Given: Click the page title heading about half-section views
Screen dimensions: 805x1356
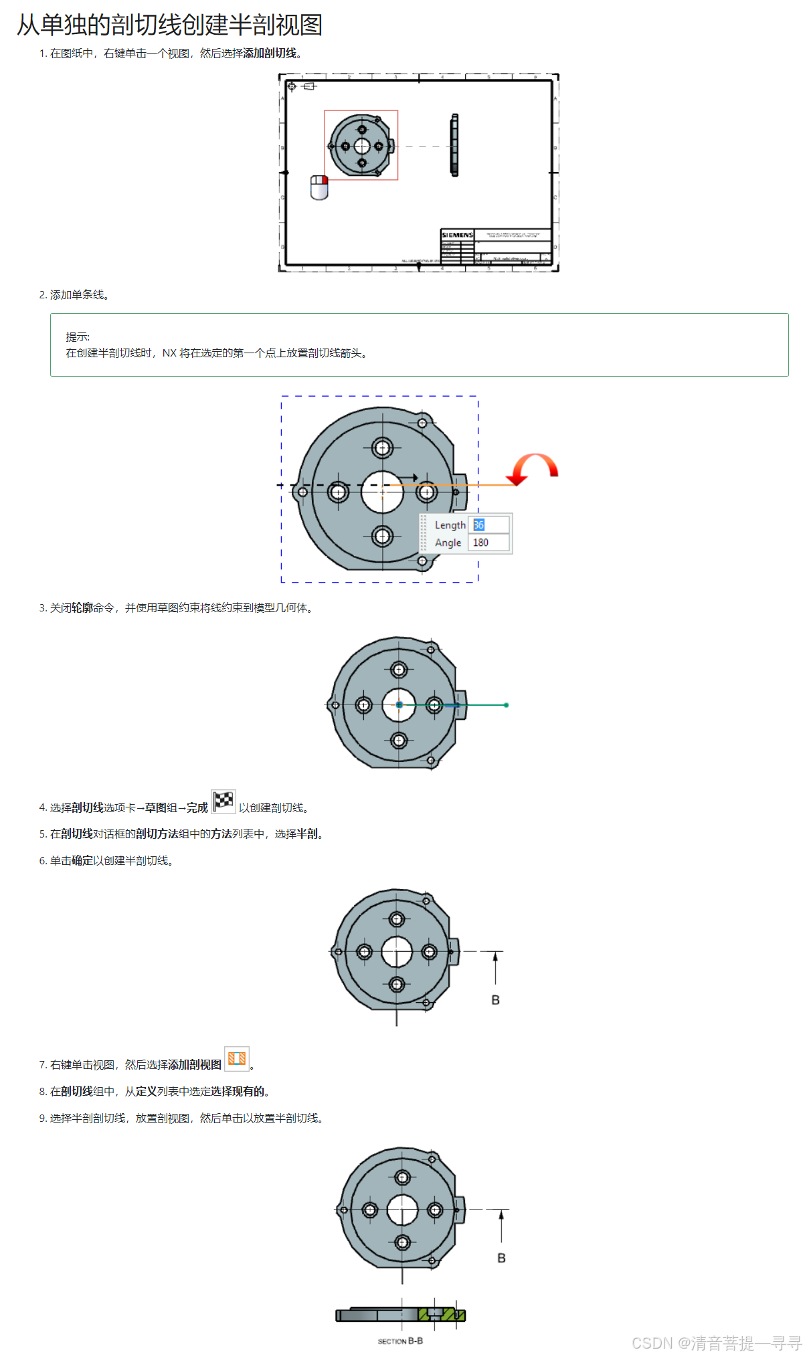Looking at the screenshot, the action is [169, 25].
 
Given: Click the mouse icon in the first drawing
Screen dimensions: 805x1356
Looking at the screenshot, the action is [319, 188].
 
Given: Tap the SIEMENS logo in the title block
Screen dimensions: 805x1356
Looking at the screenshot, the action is [457, 235].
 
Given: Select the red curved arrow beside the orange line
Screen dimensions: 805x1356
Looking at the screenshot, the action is [533, 468].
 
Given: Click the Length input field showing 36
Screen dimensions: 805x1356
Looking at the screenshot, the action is [488, 525].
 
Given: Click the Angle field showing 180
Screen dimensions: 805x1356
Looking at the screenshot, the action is [488, 543].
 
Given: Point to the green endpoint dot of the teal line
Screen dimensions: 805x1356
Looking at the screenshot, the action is [506, 705].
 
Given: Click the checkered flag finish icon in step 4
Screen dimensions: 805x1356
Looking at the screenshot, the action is [223, 801].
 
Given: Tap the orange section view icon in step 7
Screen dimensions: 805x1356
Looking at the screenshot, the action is [237, 1058].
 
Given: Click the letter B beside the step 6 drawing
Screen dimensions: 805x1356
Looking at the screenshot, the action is [495, 1000].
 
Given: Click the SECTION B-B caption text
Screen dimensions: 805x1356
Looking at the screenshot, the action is [400, 1341].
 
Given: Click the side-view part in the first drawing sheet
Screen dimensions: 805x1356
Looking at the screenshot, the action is [454, 145].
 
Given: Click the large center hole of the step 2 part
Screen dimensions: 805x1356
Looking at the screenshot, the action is [382, 492].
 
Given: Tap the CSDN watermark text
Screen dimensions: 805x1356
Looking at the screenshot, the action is [716, 1343].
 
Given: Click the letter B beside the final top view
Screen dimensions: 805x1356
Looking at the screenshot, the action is [501, 1258].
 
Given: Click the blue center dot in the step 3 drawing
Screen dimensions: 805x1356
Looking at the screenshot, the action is [399, 705].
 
